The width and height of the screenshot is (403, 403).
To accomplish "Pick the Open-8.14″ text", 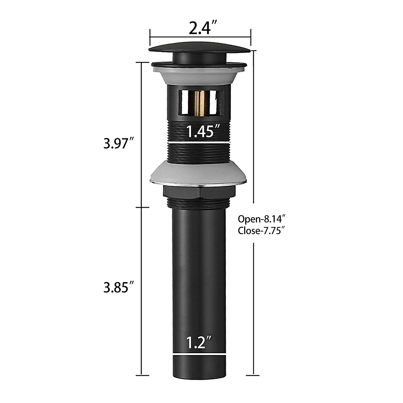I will click(x=262, y=219).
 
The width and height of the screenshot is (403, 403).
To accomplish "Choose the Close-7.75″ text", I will click(x=262, y=231).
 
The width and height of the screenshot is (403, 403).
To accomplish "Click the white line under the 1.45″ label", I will click(x=200, y=143).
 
